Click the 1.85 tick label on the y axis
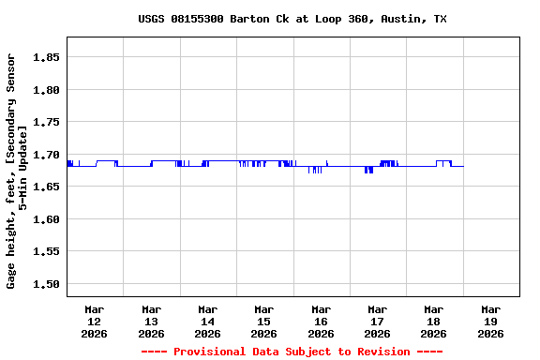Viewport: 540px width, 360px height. [x=47, y=57]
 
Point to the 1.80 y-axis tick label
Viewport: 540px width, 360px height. [x=47, y=90]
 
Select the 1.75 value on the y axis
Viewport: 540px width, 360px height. [x=47, y=122]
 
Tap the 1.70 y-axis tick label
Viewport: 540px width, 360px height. [x=47, y=155]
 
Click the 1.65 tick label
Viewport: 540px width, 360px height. [x=47, y=187]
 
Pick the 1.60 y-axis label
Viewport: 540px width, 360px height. [x=47, y=219]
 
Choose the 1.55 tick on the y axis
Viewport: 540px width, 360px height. [x=47, y=251]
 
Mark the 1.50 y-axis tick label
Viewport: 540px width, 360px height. [x=47, y=284]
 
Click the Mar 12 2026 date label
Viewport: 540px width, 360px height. [x=95, y=321]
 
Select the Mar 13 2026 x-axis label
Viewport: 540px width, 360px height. [x=151, y=321]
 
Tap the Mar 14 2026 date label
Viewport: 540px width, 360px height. [x=207, y=321]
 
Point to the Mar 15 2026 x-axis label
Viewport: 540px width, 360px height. [x=264, y=321]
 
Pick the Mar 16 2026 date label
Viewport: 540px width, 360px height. [x=321, y=321]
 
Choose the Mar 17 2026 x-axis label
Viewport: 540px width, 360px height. [x=377, y=321]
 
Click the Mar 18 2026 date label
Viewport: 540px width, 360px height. [x=433, y=321]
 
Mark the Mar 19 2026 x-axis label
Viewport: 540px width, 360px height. [x=490, y=321]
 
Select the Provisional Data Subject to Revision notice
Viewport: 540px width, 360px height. [x=292, y=352]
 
